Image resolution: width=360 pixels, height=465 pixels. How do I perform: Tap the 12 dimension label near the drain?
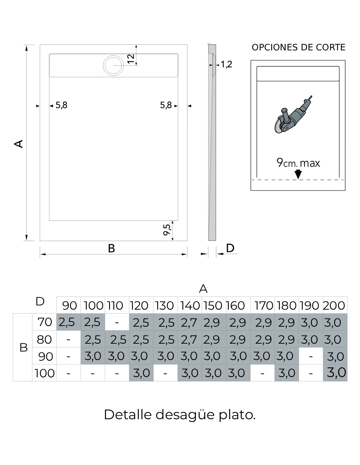131,59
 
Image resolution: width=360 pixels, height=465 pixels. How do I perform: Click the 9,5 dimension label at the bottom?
167,230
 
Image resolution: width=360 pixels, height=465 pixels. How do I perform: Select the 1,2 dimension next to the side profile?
226,64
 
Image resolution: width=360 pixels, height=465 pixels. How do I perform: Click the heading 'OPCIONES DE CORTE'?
298,47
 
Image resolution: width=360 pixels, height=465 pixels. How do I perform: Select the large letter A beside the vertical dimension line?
19,144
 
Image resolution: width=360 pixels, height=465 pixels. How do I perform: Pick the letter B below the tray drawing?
111,249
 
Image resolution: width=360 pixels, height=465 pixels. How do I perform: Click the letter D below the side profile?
230,248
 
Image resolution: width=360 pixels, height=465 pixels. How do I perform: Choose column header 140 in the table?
190,305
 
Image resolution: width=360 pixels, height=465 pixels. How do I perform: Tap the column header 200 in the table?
334,305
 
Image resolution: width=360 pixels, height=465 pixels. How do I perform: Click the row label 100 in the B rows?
45,373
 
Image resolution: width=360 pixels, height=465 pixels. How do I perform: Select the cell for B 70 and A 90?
68,322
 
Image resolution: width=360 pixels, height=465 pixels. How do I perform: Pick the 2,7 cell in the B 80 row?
190,340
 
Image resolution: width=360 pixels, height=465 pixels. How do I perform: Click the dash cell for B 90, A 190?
311,356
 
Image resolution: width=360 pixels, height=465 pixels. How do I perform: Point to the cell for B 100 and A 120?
141,373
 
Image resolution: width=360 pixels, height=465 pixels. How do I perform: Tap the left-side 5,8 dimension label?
62,105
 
